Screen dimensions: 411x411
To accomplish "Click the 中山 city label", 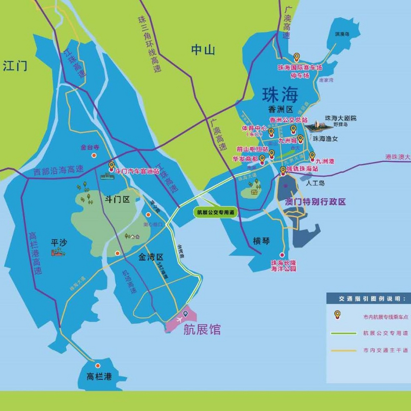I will tap(203, 50).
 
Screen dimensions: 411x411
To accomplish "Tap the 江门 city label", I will tap(15, 66).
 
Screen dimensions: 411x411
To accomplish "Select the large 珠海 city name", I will tap(280, 94).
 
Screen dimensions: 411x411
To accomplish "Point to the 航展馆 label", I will tap(202, 329).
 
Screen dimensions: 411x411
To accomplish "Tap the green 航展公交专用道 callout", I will tap(215, 212).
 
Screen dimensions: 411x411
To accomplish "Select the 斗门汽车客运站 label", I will tap(137, 171).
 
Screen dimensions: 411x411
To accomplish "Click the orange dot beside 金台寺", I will tap(94, 155).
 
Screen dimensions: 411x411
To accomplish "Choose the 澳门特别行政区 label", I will tap(315, 202).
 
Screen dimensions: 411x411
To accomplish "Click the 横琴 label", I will tap(261, 241).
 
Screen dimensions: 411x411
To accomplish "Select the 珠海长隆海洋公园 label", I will tap(283, 266).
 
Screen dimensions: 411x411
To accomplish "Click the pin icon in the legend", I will tap(337, 315).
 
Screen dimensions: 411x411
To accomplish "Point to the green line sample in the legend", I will tap(343, 333).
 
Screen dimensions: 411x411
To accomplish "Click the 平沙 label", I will tap(59, 242).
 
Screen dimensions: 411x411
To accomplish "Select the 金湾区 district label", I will tap(151, 257).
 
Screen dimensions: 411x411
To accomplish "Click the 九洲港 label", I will tap(325, 161).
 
